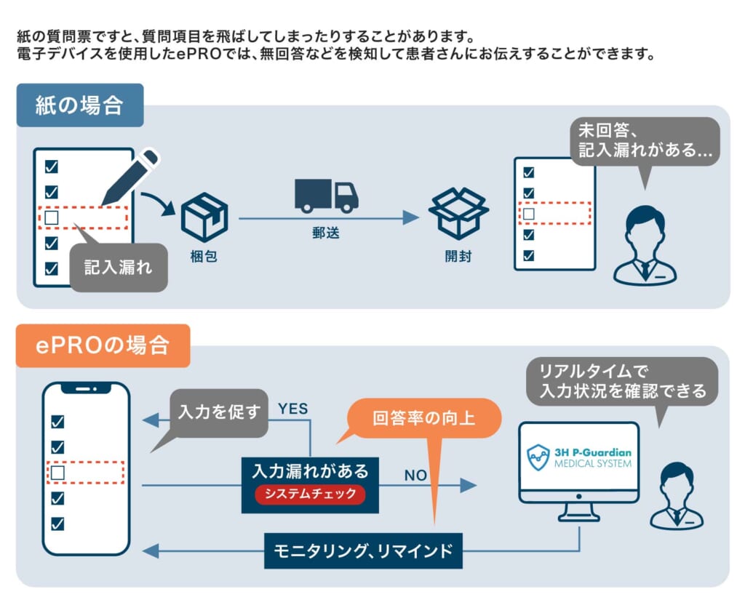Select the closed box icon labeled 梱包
click(x=203, y=217)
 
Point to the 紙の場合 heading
click(x=79, y=106)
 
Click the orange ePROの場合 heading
click(x=103, y=345)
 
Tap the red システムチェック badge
click(x=310, y=494)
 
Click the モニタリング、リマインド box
click(x=363, y=550)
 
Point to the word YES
click(x=292, y=409)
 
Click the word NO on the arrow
click(x=415, y=476)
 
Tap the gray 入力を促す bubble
click(x=219, y=412)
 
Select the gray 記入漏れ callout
click(x=119, y=268)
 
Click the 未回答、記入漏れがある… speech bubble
click(x=645, y=142)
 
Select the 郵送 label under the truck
click(x=321, y=233)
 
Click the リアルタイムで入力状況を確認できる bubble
click(x=622, y=381)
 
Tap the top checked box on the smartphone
click(x=57, y=422)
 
